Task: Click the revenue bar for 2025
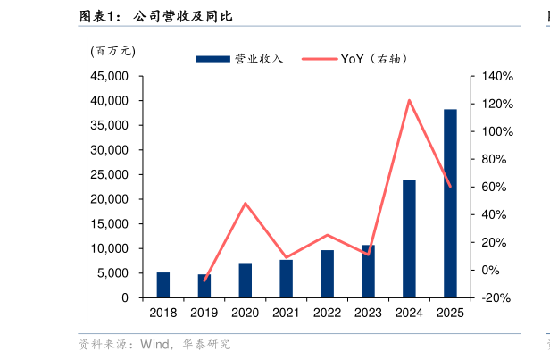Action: click(450, 204)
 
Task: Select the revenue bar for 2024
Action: click(409, 239)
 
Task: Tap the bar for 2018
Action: click(163, 285)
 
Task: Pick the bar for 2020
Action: click(246, 280)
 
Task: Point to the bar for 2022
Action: click(328, 273)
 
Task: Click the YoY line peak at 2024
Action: click(409, 100)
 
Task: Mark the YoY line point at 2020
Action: click(246, 204)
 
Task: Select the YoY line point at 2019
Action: click(204, 280)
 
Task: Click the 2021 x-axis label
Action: click(286, 313)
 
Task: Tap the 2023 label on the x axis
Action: click(368, 313)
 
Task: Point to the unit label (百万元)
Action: click(112, 51)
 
